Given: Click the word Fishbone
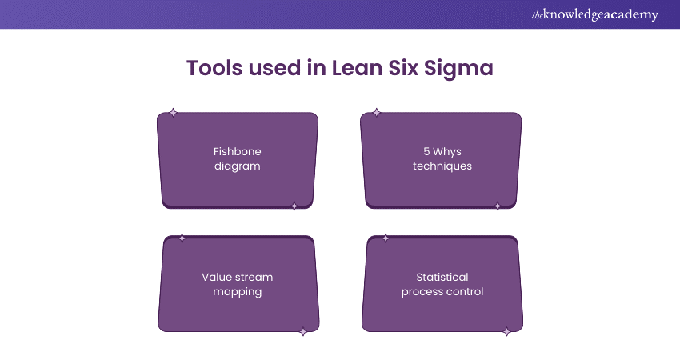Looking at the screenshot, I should coord(237,151).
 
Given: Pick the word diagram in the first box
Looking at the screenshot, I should coord(237,166).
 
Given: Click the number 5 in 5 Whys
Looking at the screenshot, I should coord(426,151).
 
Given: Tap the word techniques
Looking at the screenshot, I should coord(442,166).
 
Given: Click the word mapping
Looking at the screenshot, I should coord(237,292).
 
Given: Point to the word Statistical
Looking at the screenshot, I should coord(442,278).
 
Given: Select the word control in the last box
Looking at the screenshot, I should coord(464,292).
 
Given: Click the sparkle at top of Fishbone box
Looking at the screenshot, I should coord(173,113).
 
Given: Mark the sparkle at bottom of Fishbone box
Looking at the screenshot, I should coord(294,206).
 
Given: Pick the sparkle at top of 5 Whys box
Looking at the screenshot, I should coord(377,113).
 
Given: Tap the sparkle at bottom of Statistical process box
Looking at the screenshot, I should coord(506,332).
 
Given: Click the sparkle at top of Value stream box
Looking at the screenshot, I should coord(182,238).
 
